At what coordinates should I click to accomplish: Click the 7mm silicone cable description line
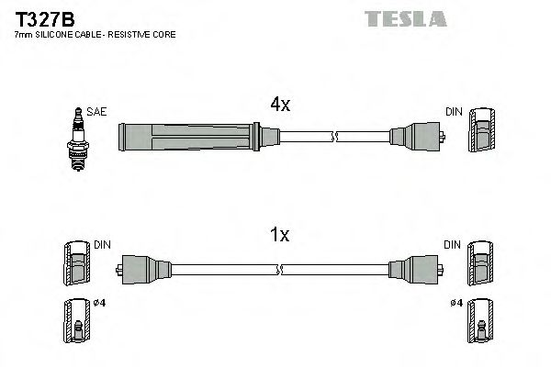click(95, 35)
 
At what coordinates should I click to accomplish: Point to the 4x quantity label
click(279, 106)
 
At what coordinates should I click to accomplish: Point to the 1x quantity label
click(279, 236)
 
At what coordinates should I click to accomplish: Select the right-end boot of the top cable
click(419, 139)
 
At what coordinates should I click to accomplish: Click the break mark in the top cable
click(336, 139)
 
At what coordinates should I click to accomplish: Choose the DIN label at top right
click(454, 112)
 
